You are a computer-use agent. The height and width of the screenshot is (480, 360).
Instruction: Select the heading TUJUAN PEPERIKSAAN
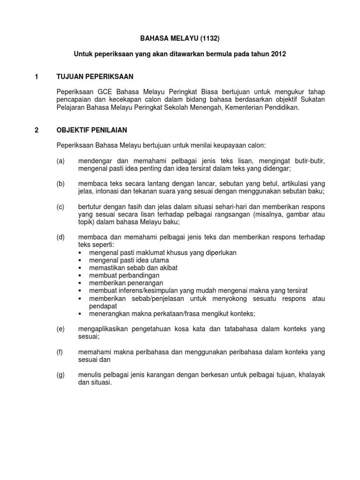(x=95, y=76)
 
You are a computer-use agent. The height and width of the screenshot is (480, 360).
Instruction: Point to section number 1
(x=37, y=76)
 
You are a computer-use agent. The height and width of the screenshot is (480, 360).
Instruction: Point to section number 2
(x=37, y=130)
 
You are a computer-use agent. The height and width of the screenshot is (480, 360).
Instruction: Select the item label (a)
(x=60, y=161)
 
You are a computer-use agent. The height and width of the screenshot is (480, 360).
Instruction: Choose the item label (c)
(x=60, y=207)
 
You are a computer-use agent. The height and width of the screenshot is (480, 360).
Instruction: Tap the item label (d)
(x=60, y=237)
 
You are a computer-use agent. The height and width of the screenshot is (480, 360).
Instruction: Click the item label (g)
(x=60, y=375)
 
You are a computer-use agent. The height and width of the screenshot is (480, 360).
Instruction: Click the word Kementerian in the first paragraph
(x=251, y=107)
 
